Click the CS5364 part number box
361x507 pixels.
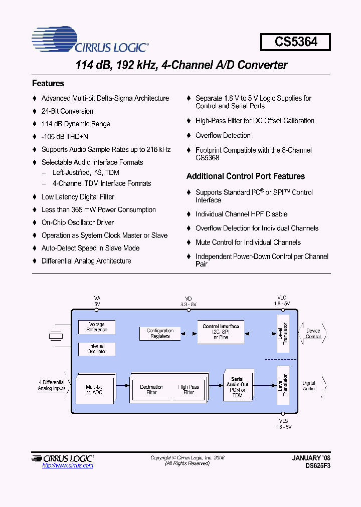click(x=295, y=42)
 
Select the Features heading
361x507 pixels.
click(x=48, y=84)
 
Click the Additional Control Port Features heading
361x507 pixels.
click(x=246, y=176)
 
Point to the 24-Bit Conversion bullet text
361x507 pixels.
click(x=67, y=111)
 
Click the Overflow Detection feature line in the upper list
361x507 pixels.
click(x=223, y=135)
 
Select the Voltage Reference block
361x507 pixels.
click(x=97, y=327)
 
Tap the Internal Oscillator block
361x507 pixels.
click(x=97, y=349)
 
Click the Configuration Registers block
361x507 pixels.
click(x=160, y=333)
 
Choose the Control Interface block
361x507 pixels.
click(x=221, y=332)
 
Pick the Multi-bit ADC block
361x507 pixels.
click(x=94, y=389)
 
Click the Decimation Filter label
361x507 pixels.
click(x=151, y=389)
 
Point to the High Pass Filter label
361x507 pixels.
click(x=189, y=389)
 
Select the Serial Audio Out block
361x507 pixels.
click(x=237, y=387)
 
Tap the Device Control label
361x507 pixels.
click(x=313, y=333)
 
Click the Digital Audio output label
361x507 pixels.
click(x=309, y=385)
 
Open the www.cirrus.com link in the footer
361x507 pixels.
click(x=68, y=466)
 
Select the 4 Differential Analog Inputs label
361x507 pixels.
click(x=52, y=385)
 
